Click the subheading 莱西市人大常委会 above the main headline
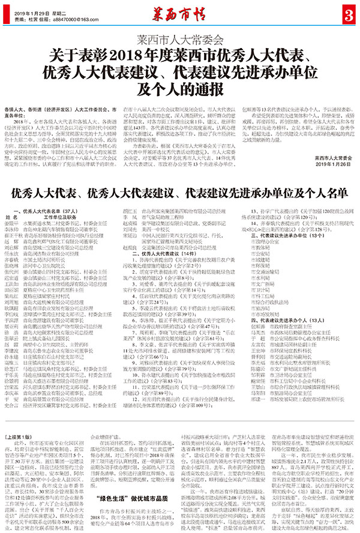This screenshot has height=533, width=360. coord(180,43)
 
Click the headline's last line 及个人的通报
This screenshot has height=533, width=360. coord(179,91)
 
